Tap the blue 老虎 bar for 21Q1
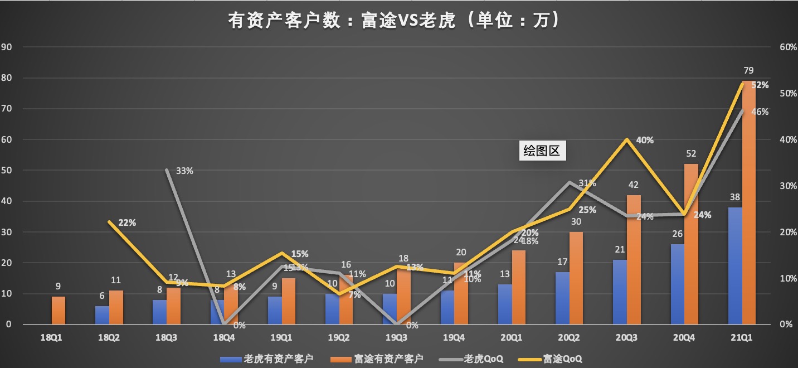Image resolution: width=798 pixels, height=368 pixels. [x=735, y=265]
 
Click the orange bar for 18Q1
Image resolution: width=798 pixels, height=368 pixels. [x=59, y=310]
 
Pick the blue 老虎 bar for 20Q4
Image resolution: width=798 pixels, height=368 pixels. [x=678, y=284]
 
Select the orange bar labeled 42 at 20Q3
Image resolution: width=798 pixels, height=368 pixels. [x=634, y=259]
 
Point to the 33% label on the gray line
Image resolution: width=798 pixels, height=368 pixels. [x=184, y=171]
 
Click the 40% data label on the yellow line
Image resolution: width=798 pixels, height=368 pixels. [x=645, y=140]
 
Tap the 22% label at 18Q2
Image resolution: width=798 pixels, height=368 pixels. [x=127, y=222]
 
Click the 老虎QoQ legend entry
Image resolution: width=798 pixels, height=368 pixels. [x=478, y=359]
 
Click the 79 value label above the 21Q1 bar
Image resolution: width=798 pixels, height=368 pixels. [x=748, y=70]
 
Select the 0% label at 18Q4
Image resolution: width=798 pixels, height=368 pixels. [x=240, y=325]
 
